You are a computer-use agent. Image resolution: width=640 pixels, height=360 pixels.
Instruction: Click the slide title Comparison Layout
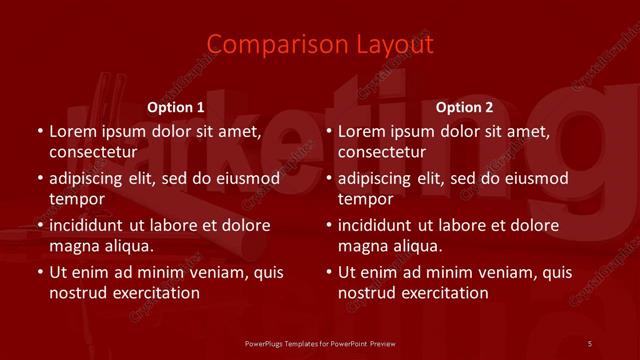pyautogui.click(x=320, y=45)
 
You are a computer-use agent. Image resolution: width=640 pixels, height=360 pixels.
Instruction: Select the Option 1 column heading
pyautogui.click(x=176, y=107)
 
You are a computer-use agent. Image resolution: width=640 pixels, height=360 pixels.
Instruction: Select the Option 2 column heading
pyautogui.click(x=464, y=107)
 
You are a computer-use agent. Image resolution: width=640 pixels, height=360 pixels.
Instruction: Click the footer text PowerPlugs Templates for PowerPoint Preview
pyautogui.click(x=321, y=343)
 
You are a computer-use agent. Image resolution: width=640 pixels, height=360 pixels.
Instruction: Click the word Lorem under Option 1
pyautogui.click(x=72, y=131)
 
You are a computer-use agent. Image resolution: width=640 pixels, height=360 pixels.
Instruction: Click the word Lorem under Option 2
pyautogui.click(x=361, y=131)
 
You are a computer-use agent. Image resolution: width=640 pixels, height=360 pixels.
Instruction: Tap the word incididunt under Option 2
pyautogui.click(x=379, y=225)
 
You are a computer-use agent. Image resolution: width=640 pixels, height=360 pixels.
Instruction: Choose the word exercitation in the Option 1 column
pyautogui.click(x=151, y=293)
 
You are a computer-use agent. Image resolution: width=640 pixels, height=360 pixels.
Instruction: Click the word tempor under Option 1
pyautogui.click(x=73, y=199)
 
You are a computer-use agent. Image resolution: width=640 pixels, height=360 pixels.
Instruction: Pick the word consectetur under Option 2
pyautogui.click(x=382, y=152)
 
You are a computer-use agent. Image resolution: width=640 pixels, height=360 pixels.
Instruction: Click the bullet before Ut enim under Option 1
pyautogui.click(x=39, y=272)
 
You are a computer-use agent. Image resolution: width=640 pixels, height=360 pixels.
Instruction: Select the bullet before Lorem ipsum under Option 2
pyautogui.click(x=328, y=131)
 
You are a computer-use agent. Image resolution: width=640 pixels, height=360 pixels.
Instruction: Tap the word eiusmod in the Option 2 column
pyautogui.click(x=535, y=179)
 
